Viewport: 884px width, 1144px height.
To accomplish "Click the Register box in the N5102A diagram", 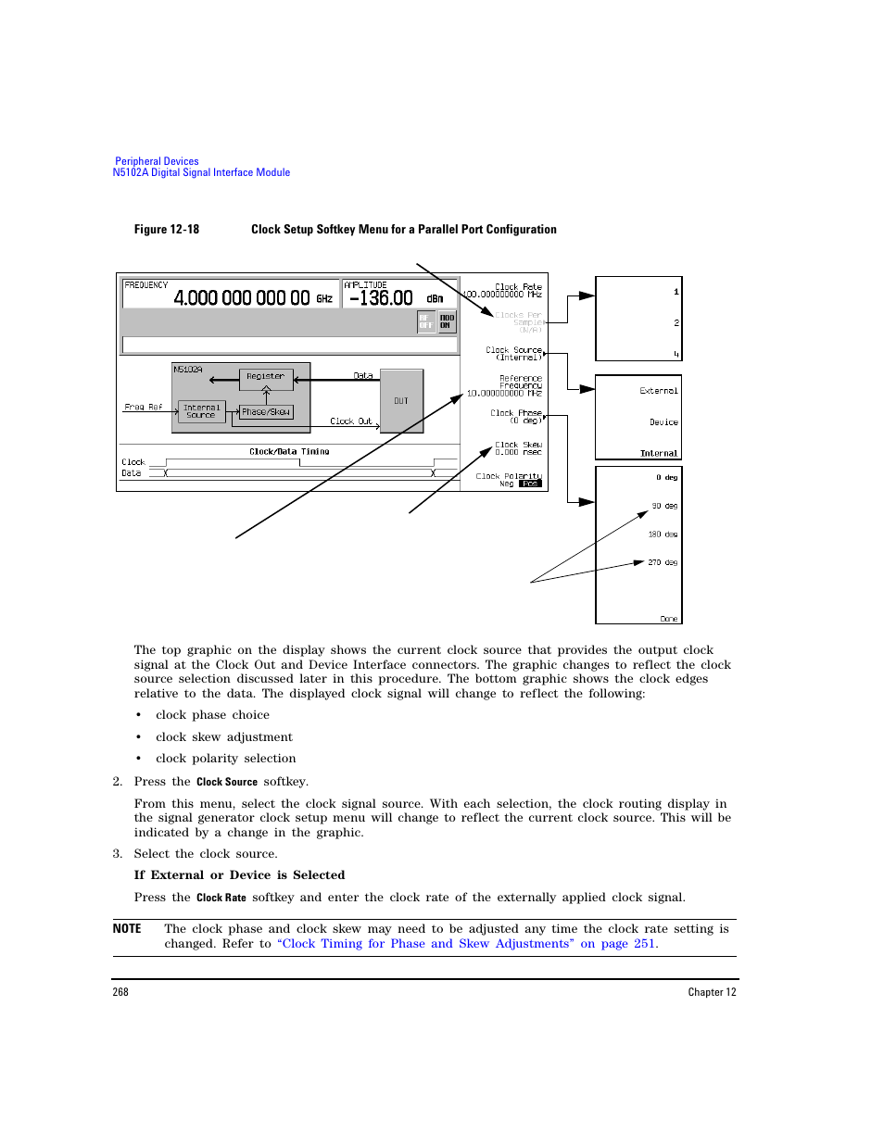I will click(266, 377).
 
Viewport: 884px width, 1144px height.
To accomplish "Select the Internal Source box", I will click(201, 412).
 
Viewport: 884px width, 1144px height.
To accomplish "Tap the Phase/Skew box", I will click(266, 412).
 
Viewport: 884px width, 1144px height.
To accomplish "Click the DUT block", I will click(401, 401).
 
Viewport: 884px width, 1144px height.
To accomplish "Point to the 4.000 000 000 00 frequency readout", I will click(242, 298).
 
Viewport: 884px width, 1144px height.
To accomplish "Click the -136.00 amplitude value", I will click(381, 298).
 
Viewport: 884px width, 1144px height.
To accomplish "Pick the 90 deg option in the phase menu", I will click(664, 507).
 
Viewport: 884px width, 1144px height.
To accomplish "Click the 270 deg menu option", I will click(663, 563).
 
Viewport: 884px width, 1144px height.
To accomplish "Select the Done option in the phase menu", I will click(668, 619).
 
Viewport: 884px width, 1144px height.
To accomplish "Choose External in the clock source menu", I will click(659, 392).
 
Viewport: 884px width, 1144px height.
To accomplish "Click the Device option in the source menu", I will click(663, 422).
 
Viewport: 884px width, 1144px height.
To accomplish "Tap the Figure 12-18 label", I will click(167, 230).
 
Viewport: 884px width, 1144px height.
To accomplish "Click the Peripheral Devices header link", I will click(157, 161).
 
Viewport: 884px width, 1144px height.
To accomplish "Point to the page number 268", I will click(120, 992).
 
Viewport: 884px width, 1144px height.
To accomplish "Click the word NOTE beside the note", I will click(127, 929).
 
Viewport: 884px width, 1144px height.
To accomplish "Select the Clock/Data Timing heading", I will click(289, 452).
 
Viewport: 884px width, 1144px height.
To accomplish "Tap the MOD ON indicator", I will click(447, 321).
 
